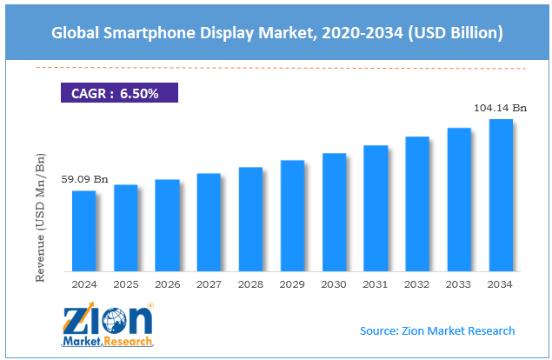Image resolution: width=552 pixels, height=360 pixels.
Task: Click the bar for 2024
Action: [83, 230]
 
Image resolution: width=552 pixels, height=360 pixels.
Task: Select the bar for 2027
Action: [209, 222]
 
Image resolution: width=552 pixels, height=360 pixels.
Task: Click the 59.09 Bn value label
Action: [78, 180]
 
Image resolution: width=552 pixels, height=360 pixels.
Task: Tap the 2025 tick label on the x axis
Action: [125, 283]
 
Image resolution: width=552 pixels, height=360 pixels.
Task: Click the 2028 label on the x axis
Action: [250, 283]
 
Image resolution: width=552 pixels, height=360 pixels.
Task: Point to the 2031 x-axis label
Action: [376, 283]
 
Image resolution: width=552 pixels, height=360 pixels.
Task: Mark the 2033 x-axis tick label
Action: [459, 283]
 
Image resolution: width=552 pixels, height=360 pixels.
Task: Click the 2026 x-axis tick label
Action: [167, 283]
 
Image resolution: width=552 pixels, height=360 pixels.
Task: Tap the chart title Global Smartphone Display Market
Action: [276, 32]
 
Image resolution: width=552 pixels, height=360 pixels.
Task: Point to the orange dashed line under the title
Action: [278, 68]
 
